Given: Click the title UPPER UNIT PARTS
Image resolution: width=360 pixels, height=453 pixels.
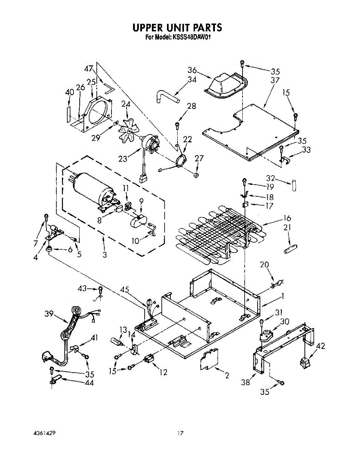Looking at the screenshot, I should (177, 28).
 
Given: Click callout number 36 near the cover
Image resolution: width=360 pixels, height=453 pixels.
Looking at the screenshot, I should (192, 70).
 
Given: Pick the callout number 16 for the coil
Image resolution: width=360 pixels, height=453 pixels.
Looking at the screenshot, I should (287, 218).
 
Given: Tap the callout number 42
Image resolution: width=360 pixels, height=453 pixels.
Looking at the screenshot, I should (320, 346).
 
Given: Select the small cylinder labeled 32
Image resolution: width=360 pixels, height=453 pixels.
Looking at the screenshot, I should (294, 186).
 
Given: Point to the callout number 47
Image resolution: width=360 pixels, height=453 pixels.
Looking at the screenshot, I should (89, 69).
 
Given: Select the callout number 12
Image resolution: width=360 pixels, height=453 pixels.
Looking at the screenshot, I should (163, 372).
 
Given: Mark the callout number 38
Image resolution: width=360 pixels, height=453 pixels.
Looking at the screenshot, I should (246, 382).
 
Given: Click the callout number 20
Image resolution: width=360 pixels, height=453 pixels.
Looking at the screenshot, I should (264, 265).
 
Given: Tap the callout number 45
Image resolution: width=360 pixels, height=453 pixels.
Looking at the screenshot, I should (125, 290).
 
